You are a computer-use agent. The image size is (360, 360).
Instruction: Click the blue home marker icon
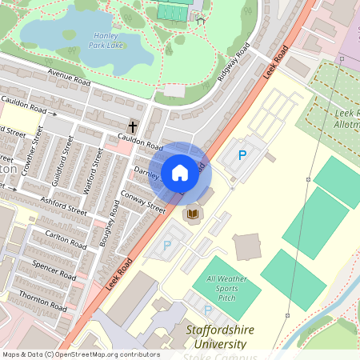[180, 172]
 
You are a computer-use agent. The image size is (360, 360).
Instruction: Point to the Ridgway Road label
[233, 67]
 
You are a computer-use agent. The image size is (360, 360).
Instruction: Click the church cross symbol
[133, 127]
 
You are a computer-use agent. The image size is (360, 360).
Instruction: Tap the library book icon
[192, 214]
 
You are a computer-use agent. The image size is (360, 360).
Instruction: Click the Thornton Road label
[43, 300]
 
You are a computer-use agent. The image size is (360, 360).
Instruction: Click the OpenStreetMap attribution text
[80, 354]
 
